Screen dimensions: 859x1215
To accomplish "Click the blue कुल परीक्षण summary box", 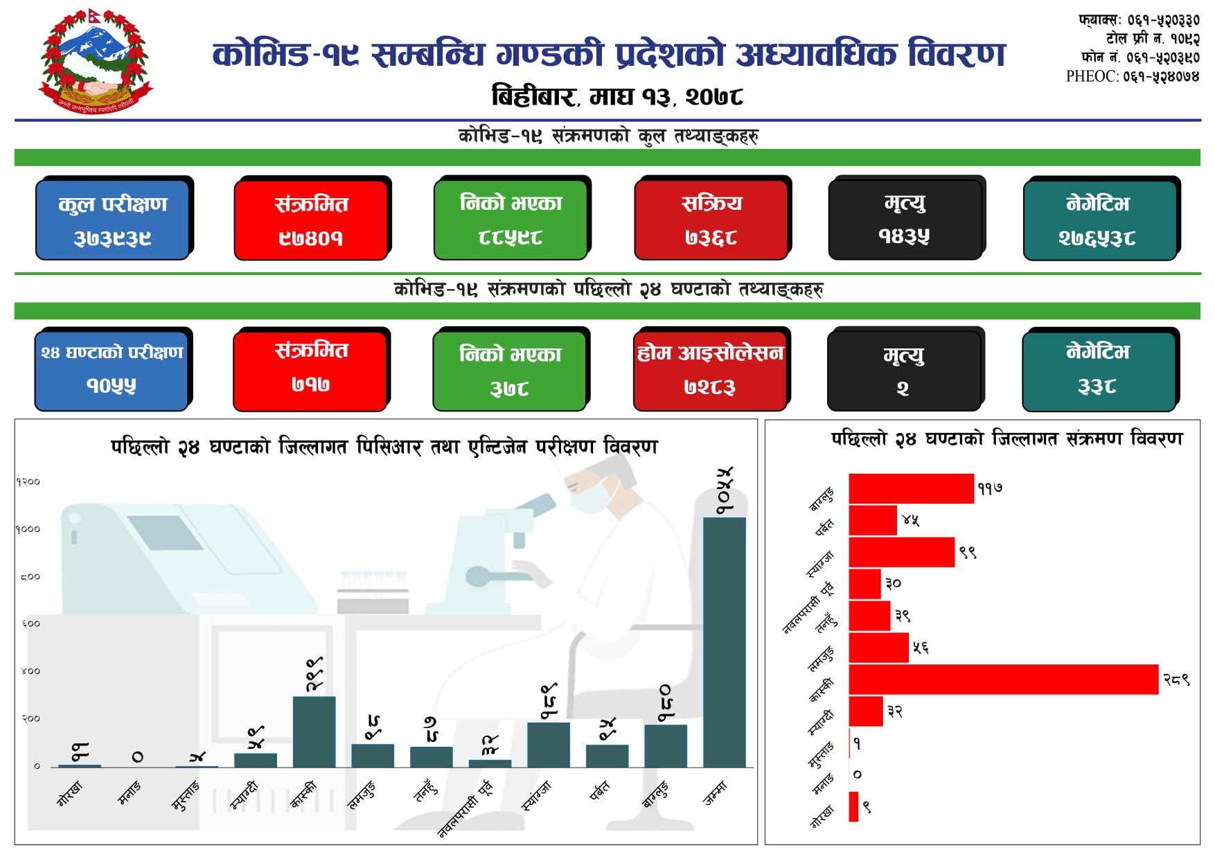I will (113, 220).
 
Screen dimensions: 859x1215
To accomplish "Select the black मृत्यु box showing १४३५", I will (905, 220).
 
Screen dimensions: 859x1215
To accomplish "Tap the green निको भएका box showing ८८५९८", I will (511, 220).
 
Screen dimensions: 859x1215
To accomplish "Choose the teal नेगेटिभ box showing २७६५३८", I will (1099, 220).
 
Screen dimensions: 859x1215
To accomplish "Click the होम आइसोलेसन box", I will (710, 370).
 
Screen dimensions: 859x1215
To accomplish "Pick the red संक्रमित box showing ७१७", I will (310, 370).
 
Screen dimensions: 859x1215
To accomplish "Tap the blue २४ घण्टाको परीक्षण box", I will (112, 370).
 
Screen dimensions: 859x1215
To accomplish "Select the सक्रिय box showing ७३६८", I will (711, 220).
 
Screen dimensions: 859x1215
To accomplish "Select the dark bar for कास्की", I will (314, 731).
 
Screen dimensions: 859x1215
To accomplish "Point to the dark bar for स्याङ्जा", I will (548, 744).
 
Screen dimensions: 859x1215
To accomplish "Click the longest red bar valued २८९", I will (1003, 680).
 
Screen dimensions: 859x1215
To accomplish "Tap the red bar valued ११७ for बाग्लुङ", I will (911, 488).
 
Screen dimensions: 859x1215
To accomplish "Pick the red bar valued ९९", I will (901, 552).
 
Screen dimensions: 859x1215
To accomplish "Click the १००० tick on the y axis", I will (28, 529).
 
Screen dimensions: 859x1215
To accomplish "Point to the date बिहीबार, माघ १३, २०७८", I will (617, 96).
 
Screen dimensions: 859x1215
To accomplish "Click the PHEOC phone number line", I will (1133, 76).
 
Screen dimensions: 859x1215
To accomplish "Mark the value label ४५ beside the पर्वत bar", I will (910, 520).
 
